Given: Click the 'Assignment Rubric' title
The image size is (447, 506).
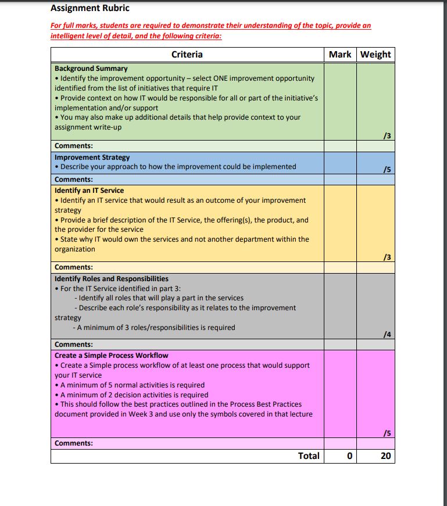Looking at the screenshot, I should point(90,8).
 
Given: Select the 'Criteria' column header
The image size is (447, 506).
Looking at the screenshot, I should point(187,55).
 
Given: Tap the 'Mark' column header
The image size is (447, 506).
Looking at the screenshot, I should point(340,55).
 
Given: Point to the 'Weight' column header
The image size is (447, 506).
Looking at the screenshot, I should point(376,55).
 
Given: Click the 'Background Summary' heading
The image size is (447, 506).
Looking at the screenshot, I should point(91,69).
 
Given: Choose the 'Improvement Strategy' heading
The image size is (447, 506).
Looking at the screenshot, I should point(92,157).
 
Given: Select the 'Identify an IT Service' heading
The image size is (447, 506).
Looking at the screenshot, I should point(89,191).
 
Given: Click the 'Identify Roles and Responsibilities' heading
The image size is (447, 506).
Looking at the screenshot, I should point(112,279).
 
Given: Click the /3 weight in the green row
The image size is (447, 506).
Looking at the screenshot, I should point(387,136).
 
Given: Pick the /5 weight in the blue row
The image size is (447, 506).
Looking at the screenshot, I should point(387,170).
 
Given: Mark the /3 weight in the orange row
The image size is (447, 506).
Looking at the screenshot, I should point(387,257).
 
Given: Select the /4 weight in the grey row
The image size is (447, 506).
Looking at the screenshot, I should point(387,335).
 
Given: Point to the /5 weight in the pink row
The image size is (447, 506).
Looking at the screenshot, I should point(387,433).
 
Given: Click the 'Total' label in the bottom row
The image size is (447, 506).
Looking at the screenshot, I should point(309,456).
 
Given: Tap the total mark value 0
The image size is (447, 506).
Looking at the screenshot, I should point(349,456).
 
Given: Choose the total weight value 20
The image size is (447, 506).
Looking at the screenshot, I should point(385,456).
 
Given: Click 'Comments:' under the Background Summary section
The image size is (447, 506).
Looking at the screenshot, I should point(74,146).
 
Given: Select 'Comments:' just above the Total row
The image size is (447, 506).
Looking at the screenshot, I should point(74,444).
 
